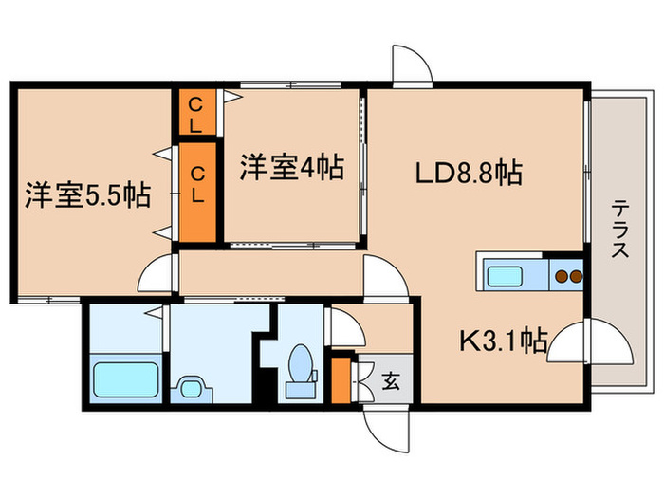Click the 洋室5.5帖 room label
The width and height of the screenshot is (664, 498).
[86, 197]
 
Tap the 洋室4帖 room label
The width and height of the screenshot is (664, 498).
[289, 168]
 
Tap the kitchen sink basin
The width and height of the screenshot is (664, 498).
[512, 277]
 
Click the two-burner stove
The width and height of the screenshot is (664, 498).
[567, 277]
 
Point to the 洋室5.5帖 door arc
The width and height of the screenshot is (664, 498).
[157, 276]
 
